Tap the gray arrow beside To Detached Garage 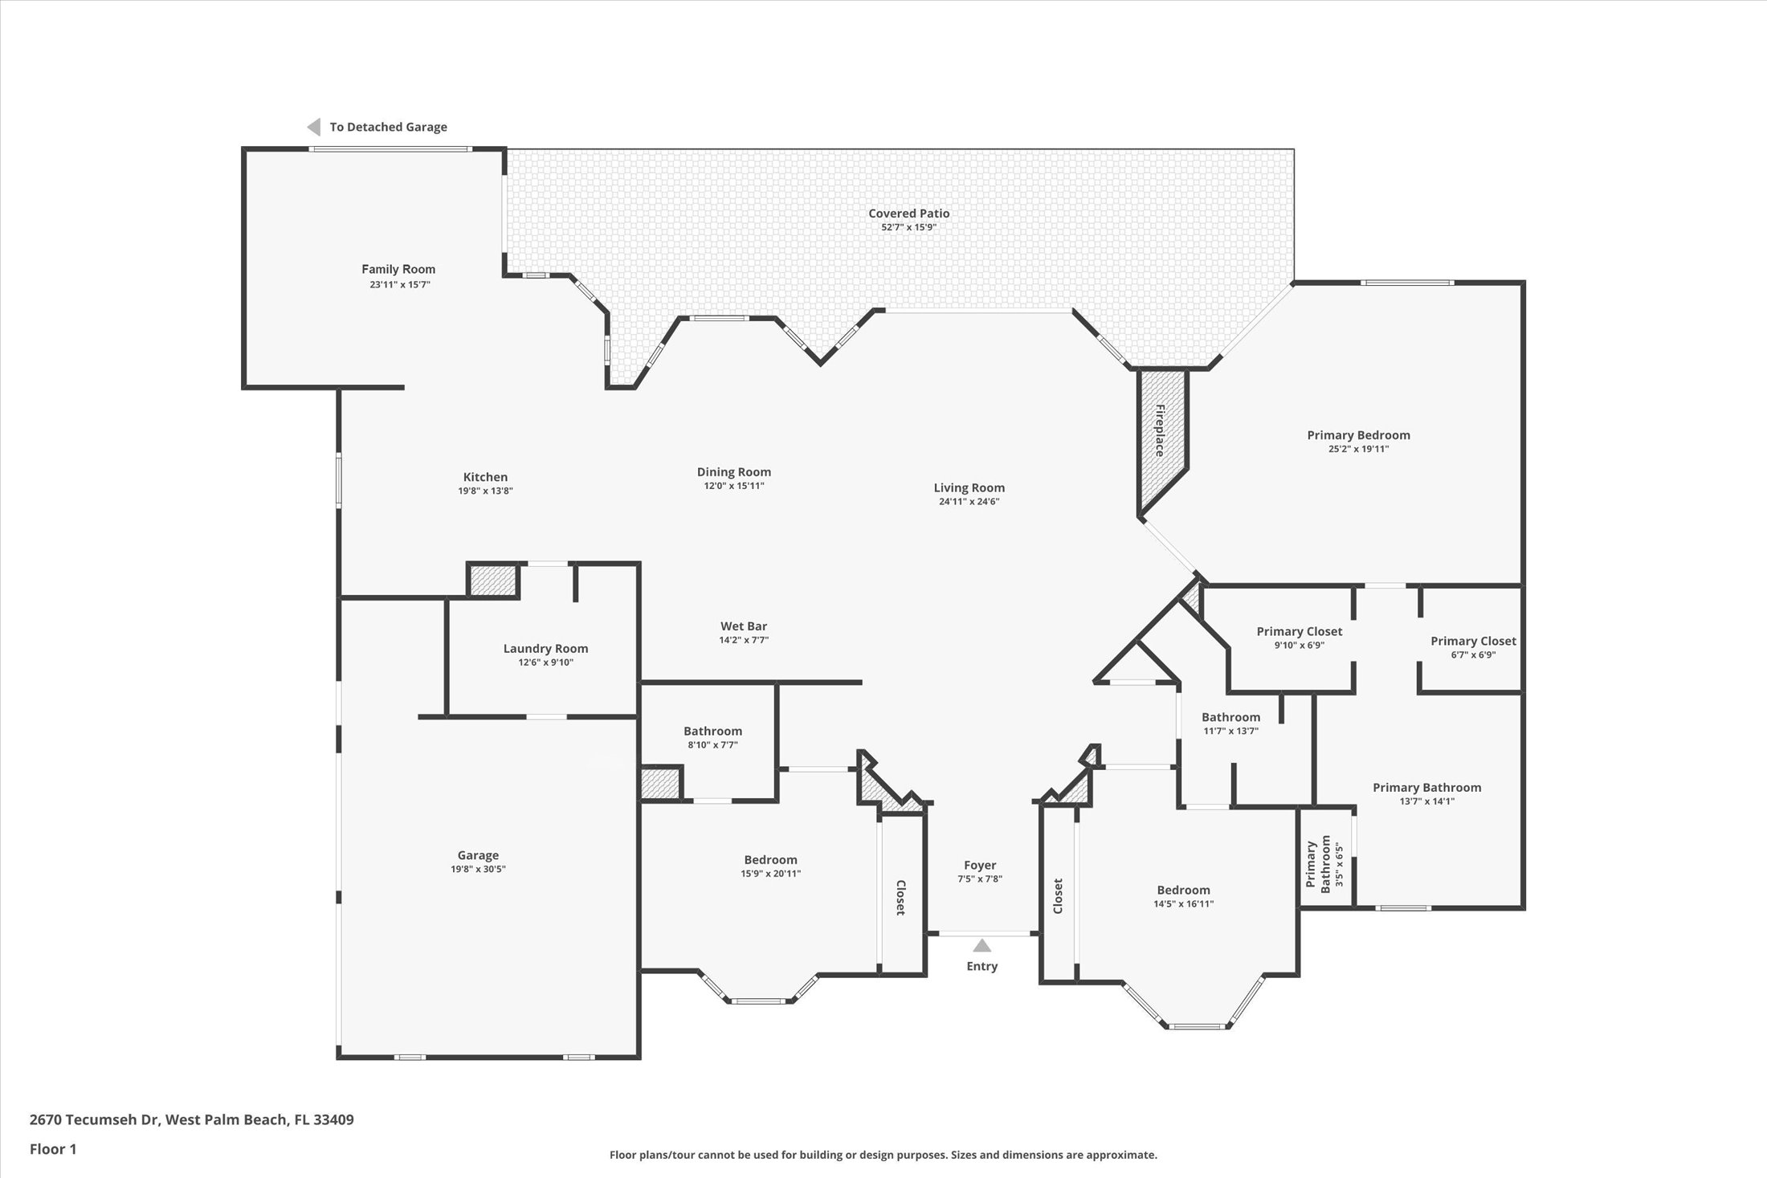click(314, 127)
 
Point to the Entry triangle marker click(981, 946)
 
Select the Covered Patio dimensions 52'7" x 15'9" click(908, 227)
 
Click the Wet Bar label click(743, 626)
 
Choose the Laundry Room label click(545, 649)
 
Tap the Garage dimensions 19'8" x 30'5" click(478, 869)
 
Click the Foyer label click(980, 865)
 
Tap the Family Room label click(398, 270)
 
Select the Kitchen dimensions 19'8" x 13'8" click(485, 491)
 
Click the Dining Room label click(733, 472)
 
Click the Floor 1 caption click(53, 1149)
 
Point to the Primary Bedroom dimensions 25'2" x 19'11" click(1358, 449)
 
